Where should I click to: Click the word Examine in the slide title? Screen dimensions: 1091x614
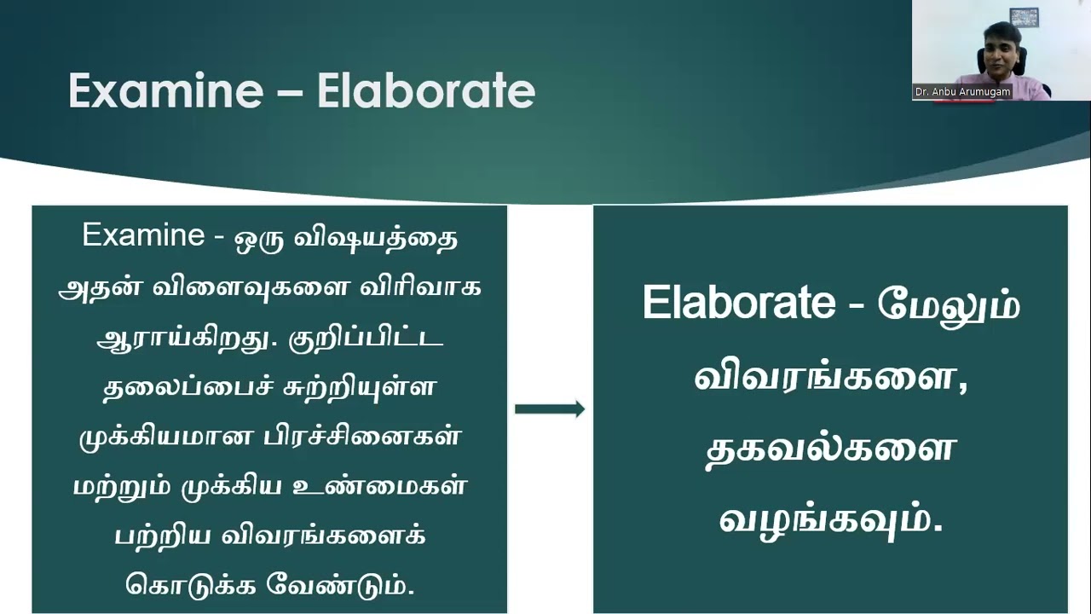(x=165, y=90)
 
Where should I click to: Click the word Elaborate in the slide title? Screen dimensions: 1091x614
(x=426, y=90)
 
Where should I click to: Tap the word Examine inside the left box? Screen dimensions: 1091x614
(x=143, y=235)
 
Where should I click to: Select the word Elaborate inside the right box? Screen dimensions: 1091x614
(x=739, y=302)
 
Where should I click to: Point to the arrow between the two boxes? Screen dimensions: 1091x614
(x=550, y=408)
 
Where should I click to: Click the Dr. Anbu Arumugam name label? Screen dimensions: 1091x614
(x=962, y=91)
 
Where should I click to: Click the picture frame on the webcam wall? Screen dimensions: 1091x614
(x=1025, y=18)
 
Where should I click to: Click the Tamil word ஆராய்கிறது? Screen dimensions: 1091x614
(x=182, y=339)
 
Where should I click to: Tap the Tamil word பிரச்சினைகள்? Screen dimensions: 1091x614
(x=361, y=436)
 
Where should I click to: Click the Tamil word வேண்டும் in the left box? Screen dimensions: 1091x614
(x=340, y=585)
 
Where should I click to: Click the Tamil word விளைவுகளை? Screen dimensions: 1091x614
(x=251, y=287)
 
